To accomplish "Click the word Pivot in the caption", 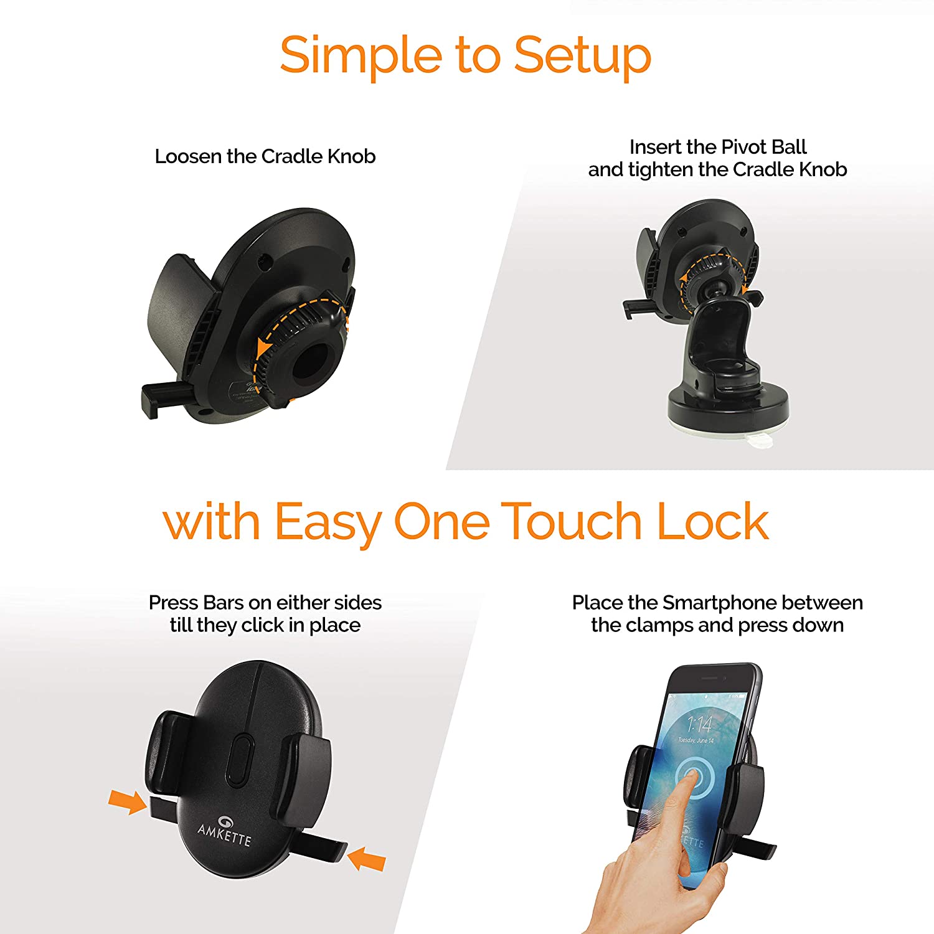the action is click(x=742, y=147).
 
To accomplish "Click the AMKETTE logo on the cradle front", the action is click(x=224, y=831).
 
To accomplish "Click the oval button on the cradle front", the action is click(x=240, y=759).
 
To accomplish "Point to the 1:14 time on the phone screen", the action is click(x=699, y=724).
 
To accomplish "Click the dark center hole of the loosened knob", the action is click(x=314, y=361).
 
